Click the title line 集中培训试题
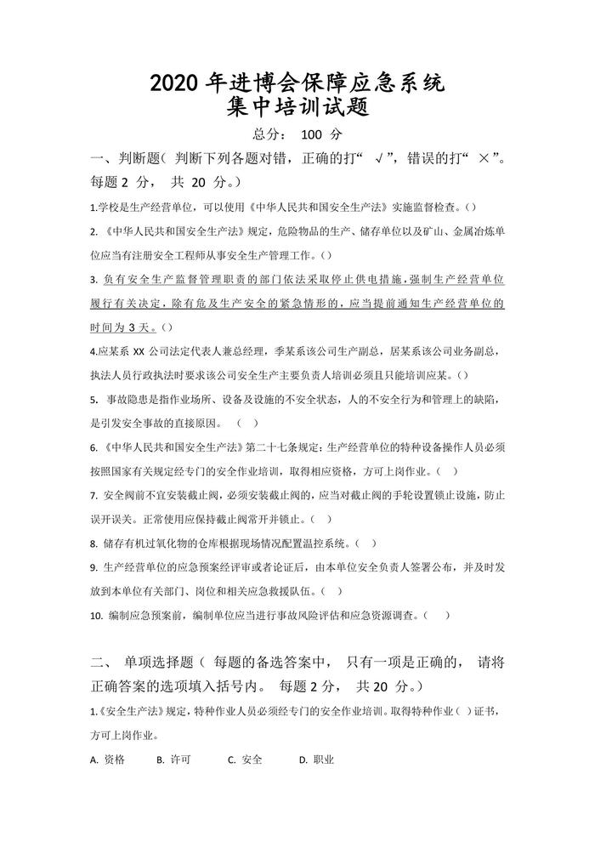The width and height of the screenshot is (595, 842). point(297,110)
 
